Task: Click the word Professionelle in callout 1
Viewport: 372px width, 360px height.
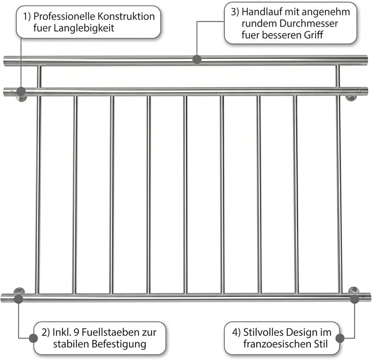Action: [64, 17]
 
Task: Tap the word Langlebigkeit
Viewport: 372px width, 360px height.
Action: [84, 28]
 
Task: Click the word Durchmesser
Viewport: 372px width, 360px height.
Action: [308, 23]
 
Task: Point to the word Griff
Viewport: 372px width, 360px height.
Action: [314, 35]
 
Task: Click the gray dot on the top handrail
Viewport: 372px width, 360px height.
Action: [197, 59]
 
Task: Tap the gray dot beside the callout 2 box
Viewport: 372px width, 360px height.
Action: [33, 338]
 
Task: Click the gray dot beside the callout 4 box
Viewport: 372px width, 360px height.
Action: [340, 338]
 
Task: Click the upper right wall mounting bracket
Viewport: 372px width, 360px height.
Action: [351, 98]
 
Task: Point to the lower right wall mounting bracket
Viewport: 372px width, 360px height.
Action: [353, 290]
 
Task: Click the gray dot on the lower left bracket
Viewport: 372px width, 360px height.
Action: [19, 299]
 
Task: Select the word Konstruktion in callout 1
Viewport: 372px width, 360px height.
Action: [126, 17]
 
